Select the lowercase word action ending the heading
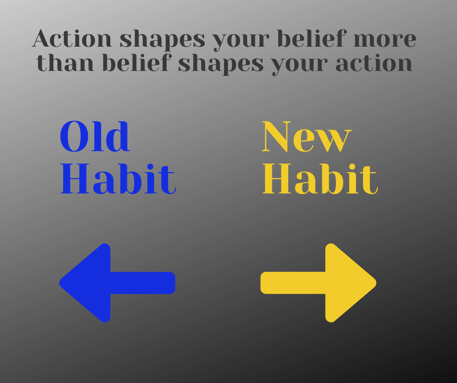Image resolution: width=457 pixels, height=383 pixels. (x=377, y=64)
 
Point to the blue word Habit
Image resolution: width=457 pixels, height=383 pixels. (x=118, y=179)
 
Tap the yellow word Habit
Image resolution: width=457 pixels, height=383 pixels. (x=320, y=179)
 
